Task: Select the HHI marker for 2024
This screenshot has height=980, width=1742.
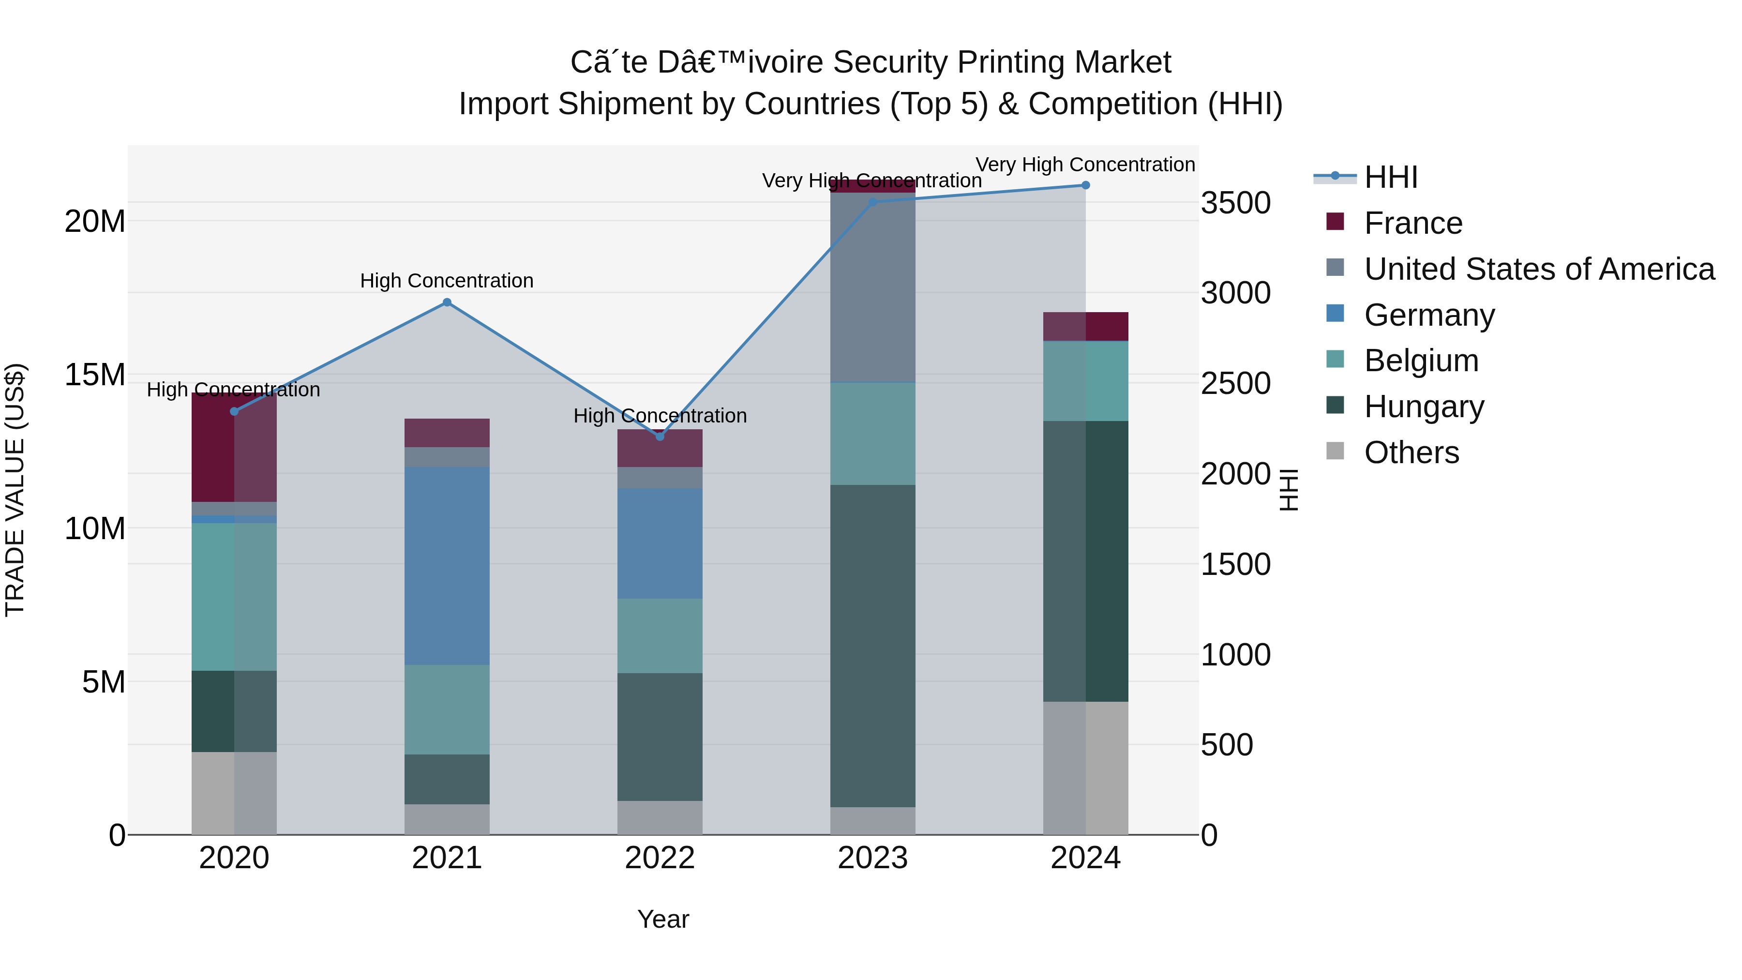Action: click(x=1085, y=185)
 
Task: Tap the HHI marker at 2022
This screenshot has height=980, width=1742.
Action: click(x=660, y=436)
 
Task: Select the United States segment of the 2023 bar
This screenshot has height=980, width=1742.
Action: click(x=872, y=287)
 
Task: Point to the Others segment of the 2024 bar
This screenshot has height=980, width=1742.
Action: click(x=1085, y=768)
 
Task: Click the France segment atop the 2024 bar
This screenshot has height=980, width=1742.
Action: click(x=1085, y=327)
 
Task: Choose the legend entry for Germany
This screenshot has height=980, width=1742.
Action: click(x=1429, y=315)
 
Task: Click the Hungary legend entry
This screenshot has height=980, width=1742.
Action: click(x=1424, y=407)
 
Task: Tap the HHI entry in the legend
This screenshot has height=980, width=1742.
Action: click(x=1390, y=177)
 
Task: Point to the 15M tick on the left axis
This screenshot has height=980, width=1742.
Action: click(x=95, y=375)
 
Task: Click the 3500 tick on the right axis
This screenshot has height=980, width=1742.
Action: click(x=1235, y=203)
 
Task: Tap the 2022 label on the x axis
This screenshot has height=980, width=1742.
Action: click(x=660, y=858)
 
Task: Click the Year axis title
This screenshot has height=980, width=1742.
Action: click(x=663, y=919)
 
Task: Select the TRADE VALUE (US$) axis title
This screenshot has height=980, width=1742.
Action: click(x=15, y=490)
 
